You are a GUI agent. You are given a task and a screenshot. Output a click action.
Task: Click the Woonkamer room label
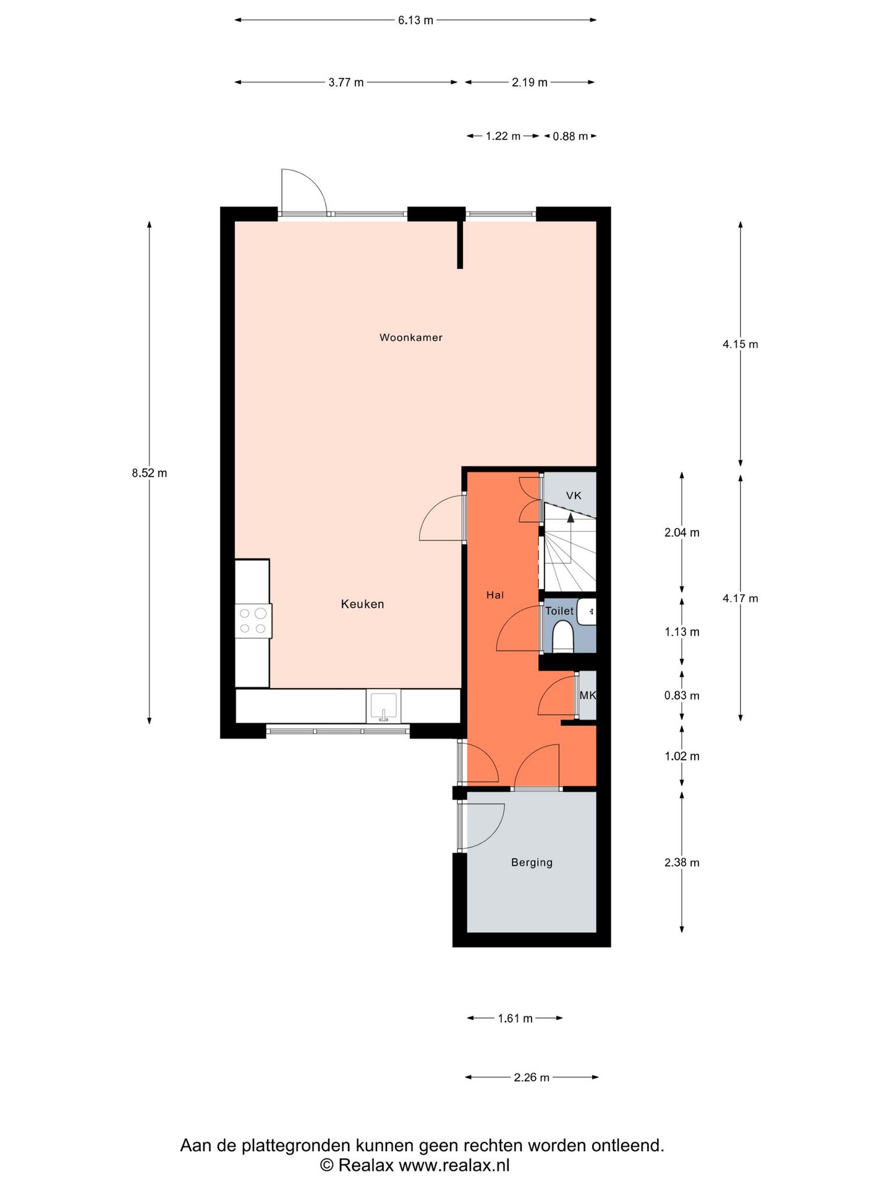point(411,338)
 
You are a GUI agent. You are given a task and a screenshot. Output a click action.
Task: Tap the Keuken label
point(363,604)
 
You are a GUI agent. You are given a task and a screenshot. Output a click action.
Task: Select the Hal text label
point(495,595)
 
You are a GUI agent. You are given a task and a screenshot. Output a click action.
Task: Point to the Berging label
point(532,862)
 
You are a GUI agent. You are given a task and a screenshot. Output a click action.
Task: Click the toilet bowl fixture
point(563,636)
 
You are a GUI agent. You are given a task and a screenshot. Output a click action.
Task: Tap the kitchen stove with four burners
point(253,621)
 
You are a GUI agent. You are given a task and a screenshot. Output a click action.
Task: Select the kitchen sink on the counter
point(383,706)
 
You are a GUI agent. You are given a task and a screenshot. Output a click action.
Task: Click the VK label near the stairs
point(574,495)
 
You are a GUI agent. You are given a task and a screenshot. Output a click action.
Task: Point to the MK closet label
point(588,695)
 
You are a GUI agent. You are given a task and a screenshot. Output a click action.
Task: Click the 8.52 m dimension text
point(150,473)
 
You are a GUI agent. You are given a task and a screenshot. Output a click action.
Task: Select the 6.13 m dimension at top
point(415,20)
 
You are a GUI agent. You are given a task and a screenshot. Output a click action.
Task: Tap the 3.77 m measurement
point(346,82)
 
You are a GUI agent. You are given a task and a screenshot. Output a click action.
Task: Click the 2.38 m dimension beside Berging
point(682,862)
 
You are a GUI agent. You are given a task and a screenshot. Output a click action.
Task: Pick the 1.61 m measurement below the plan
point(515,1018)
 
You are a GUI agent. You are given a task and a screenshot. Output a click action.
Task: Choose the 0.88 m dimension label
point(570,136)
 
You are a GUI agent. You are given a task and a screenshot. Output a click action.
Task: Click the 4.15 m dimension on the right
point(740,344)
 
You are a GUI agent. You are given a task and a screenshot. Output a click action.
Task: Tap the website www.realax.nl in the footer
point(454,1165)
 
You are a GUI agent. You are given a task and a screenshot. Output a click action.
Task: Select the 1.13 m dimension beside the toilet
point(682,632)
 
